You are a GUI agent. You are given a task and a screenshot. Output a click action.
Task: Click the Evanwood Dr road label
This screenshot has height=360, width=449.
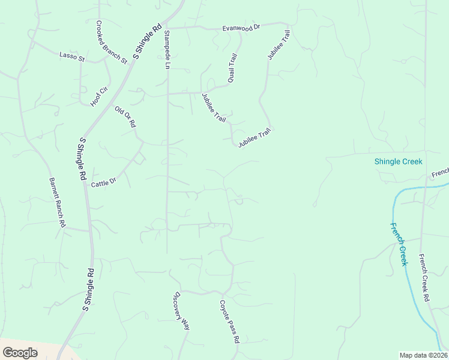pyautogui.click(x=241, y=28)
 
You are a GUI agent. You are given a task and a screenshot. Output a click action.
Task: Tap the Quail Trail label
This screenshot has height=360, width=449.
pyautogui.click(x=233, y=67)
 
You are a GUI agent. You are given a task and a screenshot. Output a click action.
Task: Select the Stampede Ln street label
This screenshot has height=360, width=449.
pyautogui.click(x=167, y=49)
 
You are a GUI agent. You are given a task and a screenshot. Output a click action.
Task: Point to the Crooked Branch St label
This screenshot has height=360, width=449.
pyautogui.click(x=112, y=42)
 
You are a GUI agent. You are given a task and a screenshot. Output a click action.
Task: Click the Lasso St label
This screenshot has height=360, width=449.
pyautogui.click(x=73, y=57)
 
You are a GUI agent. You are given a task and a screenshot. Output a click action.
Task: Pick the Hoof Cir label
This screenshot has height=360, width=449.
pyautogui.click(x=99, y=97)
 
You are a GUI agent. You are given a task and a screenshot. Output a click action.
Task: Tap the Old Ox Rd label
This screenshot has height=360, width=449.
pyautogui.click(x=126, y=116)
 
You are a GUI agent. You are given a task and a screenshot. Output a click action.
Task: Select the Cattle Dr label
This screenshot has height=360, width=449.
pyautogui.click(x=103, y=183)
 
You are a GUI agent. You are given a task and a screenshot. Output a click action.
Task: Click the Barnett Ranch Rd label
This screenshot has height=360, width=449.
pyautogui.click(x=56, y=202)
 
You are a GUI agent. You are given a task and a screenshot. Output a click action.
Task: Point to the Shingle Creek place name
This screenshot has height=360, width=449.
pyautogui.click(x=398, y=161)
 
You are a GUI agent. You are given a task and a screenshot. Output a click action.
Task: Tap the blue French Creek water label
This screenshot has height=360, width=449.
pyautogui.click(x=399, y=244)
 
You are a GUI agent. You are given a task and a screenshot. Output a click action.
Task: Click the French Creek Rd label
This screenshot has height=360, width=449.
pyautogui.click(x=424, y=277)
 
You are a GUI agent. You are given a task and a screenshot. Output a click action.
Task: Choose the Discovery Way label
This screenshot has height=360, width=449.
pyautogui.click(x=182, y=311)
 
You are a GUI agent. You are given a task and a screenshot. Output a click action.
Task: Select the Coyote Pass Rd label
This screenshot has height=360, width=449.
pyautogui.click(x=229, y=322)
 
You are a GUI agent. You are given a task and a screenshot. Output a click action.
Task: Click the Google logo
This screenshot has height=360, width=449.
pyautogui.click(x=20, y=353)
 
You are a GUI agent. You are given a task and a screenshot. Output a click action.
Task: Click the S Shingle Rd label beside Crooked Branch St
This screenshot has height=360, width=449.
pyautogui.click(x=148, y=42)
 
